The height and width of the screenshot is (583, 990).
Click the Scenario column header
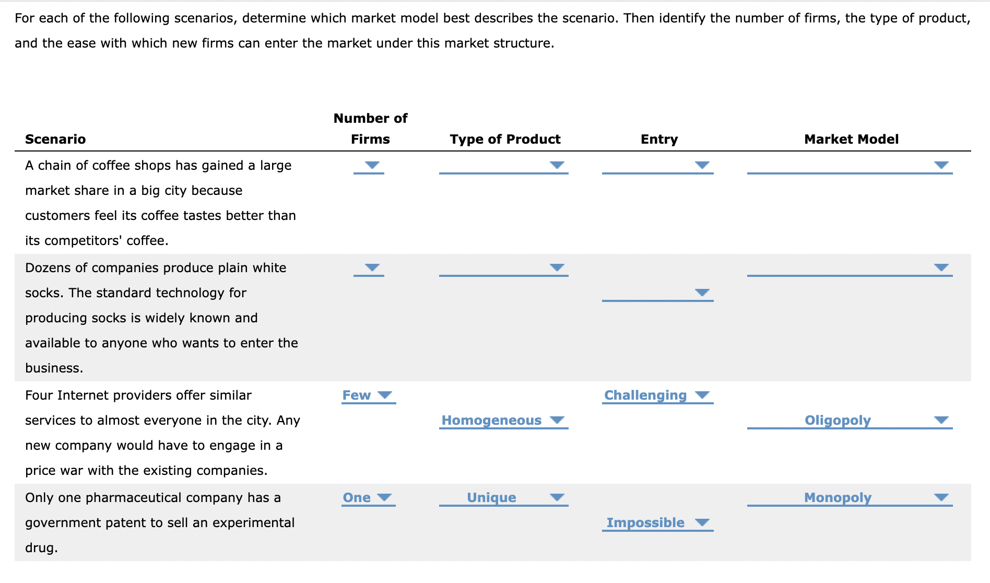(x=55, y=139)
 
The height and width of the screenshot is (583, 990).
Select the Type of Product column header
(x=505, y=139)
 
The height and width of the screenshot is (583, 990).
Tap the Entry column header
(x=659, y=139)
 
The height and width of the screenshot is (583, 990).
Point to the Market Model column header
(x=851, y=139)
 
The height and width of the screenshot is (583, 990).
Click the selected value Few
(x=357, y=395)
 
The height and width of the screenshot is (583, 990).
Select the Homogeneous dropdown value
(x=491, y=421)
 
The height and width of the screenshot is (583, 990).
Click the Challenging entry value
(x=645, y=395)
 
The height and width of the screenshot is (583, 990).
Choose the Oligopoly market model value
(x=838, y=421)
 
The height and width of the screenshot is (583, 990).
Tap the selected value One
(x=357, y=498)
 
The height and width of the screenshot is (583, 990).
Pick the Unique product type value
(x=491, y=498)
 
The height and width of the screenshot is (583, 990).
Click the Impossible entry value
(x=645, y=523)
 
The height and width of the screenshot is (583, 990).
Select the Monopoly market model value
(x=838, y=498)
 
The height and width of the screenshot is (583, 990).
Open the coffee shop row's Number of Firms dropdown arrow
(x=372, y=165)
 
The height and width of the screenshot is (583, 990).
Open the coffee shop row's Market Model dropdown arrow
(x=941, y=165)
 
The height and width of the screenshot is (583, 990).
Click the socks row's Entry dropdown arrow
(x=702, y=293)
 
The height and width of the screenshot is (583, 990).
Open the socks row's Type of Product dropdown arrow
(x=557, y=267)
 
